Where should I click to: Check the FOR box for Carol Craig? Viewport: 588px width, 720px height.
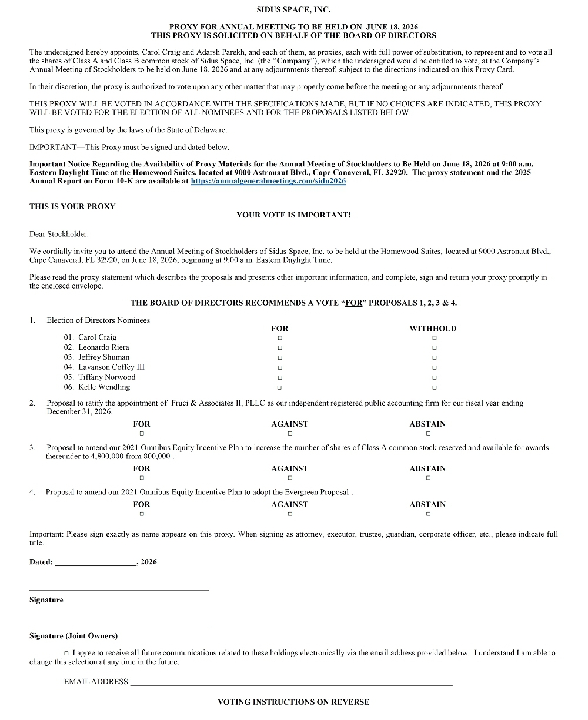click(280, 338)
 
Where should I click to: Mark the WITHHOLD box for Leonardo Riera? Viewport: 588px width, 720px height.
click(435, 348)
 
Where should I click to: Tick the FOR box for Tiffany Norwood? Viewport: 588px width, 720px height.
click(280, 377)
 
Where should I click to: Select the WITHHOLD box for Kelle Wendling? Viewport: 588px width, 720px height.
click(435, 387)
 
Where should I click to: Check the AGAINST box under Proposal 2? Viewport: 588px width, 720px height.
click(290, 434)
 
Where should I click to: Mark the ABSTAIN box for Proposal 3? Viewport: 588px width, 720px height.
click(428, 478)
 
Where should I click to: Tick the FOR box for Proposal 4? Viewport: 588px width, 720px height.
click(142, 514)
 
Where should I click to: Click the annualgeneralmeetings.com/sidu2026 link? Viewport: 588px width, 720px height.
click(268, 182)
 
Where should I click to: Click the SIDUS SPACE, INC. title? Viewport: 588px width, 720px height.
click(293, 10)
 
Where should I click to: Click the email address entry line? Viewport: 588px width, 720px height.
click(291, 682)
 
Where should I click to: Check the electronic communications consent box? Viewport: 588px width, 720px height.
click(66, 653)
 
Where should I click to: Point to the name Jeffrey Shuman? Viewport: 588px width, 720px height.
click(104, 357)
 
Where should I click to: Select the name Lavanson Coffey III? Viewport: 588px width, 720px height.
click(111, 367)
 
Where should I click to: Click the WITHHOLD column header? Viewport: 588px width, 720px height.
click(433, 329)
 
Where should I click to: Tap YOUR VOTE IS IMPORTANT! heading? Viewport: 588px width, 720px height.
click(293, 215)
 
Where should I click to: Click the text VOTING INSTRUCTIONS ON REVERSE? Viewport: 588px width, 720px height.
click(293, 702)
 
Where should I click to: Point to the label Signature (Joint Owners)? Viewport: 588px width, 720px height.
click(73, 636)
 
